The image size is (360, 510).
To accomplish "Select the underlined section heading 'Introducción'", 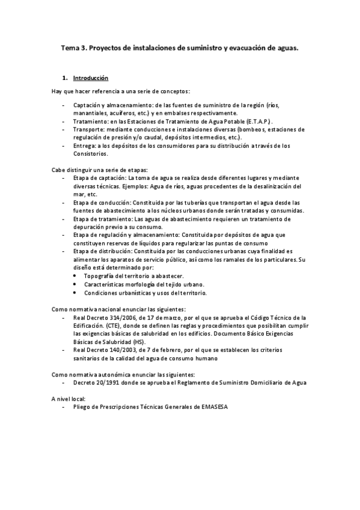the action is point(90,78).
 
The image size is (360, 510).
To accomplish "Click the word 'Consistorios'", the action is point(90,153).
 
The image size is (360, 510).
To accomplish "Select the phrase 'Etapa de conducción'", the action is point(101,203).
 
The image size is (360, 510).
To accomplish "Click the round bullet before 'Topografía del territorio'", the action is point(75,275).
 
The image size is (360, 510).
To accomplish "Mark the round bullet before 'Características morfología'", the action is point(75,284).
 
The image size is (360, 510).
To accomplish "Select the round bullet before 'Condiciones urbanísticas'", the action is point(75,292).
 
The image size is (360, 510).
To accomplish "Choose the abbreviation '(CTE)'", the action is point(115,325).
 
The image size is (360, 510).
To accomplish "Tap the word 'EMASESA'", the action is point(212,407).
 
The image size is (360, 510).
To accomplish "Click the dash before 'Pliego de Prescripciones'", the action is point(64,407).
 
